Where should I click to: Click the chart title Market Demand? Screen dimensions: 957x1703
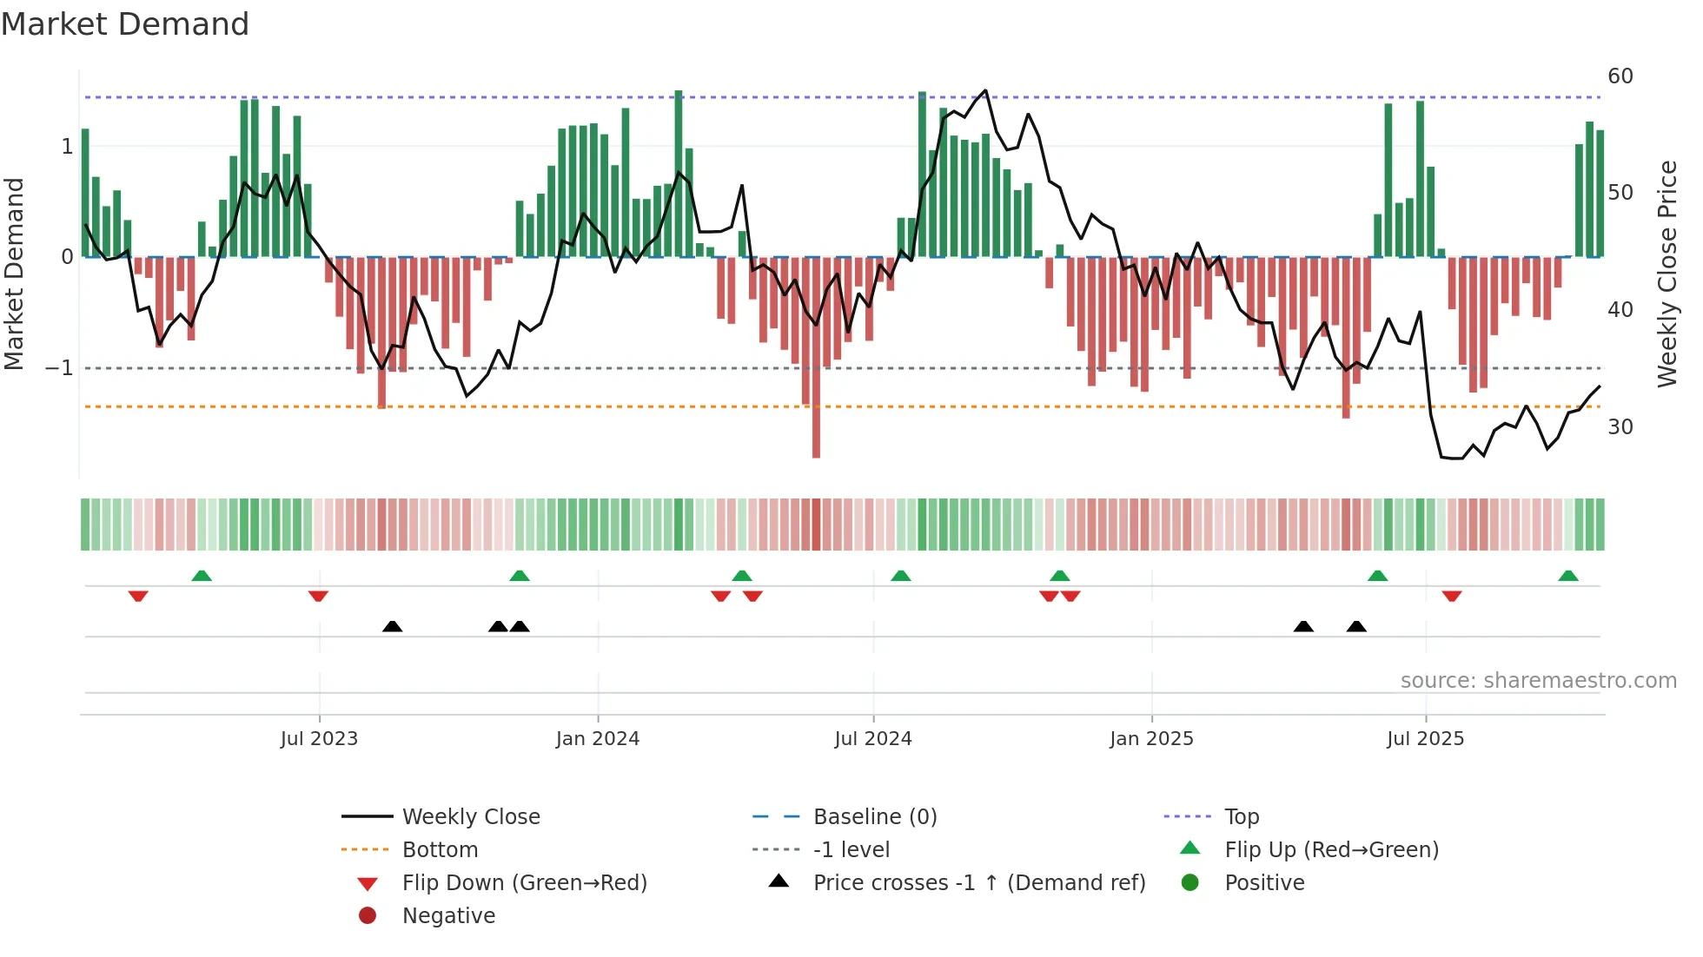coord(125,24)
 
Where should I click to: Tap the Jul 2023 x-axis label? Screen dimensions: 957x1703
coord(319,739)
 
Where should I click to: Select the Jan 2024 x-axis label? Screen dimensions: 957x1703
coord(598,739)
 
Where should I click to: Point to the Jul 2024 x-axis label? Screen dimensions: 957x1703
coord(873,739)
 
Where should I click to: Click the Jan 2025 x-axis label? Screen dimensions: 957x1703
coord(1151,739)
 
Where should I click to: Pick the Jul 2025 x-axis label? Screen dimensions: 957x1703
coord(1426,739)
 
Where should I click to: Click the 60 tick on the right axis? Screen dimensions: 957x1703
coord(1620,76)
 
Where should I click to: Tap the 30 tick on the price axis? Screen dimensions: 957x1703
coord(1620,427)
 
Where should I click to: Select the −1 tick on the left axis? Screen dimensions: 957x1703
coord(59,368)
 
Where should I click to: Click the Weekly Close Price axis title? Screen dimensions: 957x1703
coord(1667,274)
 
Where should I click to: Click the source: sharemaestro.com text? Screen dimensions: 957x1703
coord(1538,681)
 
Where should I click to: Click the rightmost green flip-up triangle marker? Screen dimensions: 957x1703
coord(1568,576)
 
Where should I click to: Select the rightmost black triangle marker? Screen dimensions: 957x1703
coord(1356,626)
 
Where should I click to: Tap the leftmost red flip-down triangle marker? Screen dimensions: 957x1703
coord(138,596)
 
